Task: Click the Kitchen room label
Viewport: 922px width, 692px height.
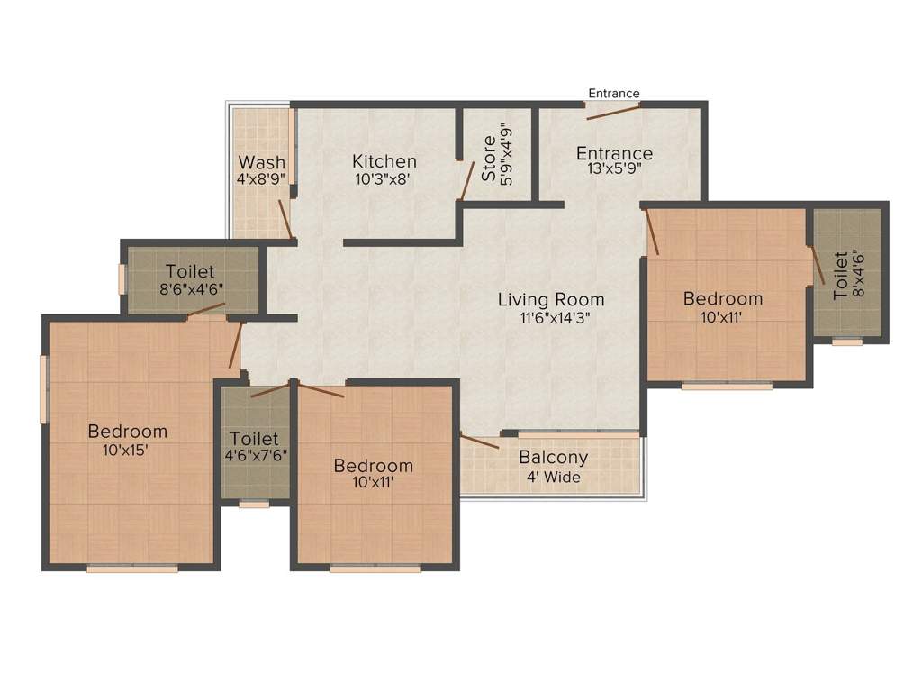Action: click(384, 161)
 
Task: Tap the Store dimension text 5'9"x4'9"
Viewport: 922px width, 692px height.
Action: click(506, 154)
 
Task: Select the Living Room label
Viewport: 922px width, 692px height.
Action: click(551, 299)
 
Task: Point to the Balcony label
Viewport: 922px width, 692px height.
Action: click(554, 458)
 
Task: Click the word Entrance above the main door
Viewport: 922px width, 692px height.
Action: click(614, 93)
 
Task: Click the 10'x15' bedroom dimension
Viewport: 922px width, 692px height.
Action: click(124, 451)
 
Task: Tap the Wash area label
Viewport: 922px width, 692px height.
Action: click(262, 162)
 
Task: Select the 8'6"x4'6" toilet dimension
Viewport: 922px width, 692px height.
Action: click(191, 289)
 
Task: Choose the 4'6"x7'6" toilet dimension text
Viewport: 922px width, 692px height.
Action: click(256, 455)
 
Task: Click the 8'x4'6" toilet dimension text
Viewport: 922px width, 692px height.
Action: click(858, 275)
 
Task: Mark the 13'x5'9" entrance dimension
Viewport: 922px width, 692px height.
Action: click(614, 168)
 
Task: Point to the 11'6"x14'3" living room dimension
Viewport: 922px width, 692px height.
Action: click(555, 318)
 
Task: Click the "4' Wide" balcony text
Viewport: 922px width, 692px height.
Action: click(554, 477)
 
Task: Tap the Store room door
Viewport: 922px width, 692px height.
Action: click(467, 181)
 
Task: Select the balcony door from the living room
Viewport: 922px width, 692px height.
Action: click(480, 442)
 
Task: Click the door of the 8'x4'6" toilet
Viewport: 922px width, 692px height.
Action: click(818, 265)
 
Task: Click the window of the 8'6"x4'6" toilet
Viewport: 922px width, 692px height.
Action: click(122, 279)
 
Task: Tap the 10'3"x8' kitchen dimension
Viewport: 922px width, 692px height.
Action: click(382, 179)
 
